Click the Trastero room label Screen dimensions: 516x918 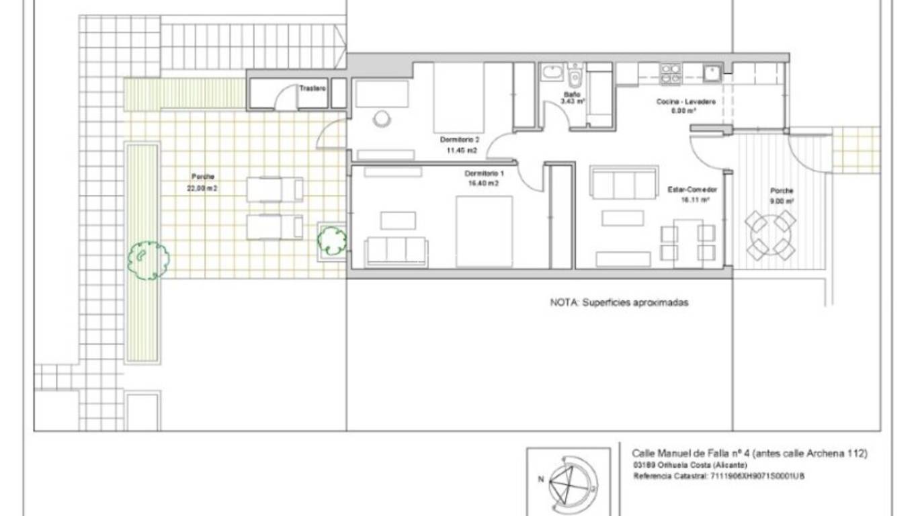(x=312, y=88)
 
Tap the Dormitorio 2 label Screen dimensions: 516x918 (x=460, y=140)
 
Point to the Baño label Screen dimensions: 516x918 (x=572, y=95)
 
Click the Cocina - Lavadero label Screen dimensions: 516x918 (x=685, y=102)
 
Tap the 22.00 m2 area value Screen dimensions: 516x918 (x=202, y=189)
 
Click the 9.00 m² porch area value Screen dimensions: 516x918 (x=782, y=200)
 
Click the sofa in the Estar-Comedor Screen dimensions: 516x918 (x=623, y=183)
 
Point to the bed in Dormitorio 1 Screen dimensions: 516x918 (x=485, y=231)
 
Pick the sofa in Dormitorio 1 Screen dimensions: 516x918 (x=396, y=251)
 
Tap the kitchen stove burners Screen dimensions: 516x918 (x=670, y=73)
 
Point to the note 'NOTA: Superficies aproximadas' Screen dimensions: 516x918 (x=619, y=302)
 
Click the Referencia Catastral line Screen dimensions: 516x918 (x=718, y=476)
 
